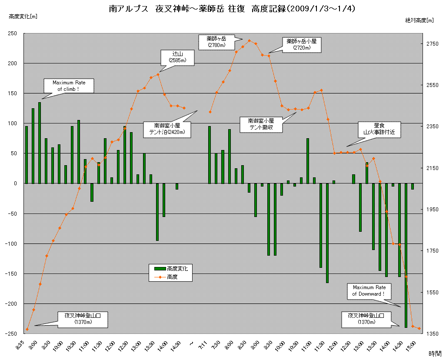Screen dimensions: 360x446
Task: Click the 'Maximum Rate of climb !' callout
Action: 69,86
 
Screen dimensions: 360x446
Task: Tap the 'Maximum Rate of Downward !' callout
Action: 369,290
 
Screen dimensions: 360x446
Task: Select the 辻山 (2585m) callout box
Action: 177,57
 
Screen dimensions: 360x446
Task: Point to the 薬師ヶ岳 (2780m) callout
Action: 216,42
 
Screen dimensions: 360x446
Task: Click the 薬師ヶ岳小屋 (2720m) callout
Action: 301,44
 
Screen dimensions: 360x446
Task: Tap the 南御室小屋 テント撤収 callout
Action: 261,124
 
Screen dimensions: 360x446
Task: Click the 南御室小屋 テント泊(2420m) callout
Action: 167,129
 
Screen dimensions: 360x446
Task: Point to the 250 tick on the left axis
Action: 14,33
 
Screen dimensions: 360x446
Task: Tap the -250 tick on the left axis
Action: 13,333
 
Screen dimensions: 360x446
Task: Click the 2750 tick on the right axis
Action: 432,44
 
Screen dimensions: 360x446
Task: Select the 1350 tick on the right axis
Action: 432,333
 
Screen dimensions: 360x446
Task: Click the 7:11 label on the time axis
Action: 203,347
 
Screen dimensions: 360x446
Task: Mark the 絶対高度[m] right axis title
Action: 419,20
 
